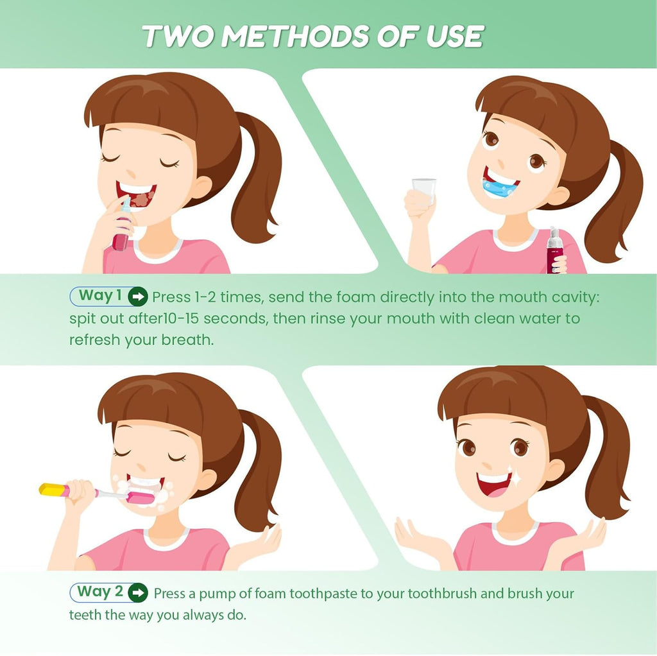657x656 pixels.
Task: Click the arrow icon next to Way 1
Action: pos(137,297)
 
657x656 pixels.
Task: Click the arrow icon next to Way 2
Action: pos(137,592)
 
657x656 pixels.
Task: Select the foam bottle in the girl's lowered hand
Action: pos(554,250)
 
